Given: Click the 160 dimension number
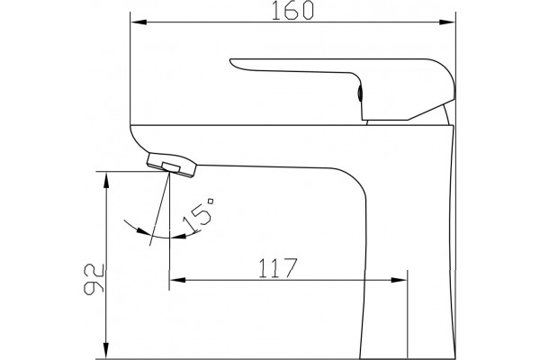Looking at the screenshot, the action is (x=292, y=10).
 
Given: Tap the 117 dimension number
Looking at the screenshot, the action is (x=277, y=267).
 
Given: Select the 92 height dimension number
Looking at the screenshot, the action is (x=94, y=279).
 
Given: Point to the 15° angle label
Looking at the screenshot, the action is (x=199, y=214).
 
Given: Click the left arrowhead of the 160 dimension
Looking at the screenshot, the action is (x=139, y=22).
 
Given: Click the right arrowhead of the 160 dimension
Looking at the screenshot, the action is (x=447, y=22).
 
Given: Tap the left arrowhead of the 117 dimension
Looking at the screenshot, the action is (x=177, y=280).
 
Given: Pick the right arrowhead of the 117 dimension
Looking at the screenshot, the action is (x=399, y=280).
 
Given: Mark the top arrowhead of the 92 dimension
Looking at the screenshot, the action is (x=107, y=180).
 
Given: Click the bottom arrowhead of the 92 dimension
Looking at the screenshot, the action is (x=107, y=351).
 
